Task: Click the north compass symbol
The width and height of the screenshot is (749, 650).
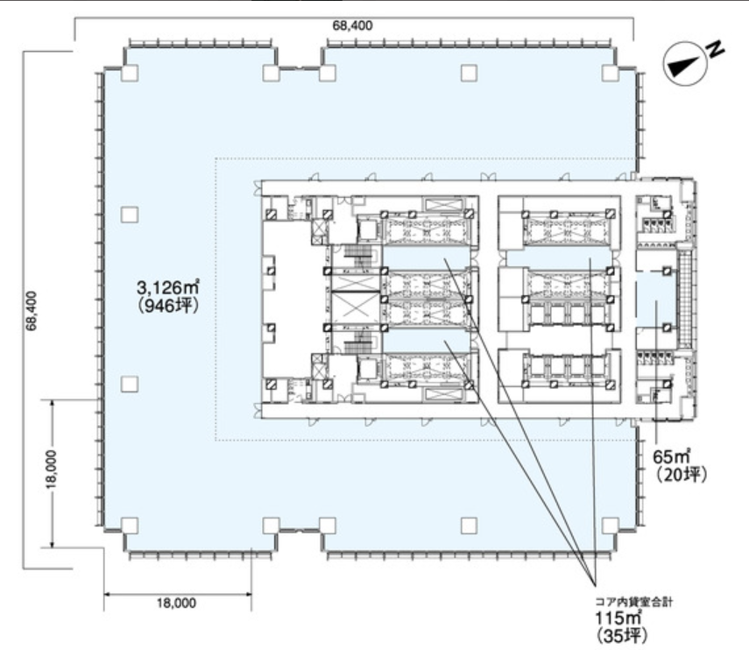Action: pos(685,63)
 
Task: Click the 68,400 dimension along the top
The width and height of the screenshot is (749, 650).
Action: pos(352,25)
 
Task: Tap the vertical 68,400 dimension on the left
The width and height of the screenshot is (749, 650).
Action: pos(32,310)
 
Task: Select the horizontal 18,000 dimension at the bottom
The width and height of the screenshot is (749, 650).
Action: pos(176,604)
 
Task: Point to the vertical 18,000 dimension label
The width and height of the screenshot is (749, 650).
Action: pos(51,469)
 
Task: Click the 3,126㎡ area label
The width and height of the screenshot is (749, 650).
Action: pos(167,287)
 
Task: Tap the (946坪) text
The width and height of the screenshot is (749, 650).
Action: pos(167,306)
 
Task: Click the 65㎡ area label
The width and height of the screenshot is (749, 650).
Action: pos(672,457)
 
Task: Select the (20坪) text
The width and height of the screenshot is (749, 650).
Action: pos(680,475)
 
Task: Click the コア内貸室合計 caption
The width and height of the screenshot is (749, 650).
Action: pos(634,602)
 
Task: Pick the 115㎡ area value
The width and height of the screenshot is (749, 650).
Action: pos(618,618)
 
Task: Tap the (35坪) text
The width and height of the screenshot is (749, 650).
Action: pos(622,635)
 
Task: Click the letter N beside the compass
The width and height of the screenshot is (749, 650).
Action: pos(715,48)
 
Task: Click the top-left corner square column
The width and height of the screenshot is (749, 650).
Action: pos(130,74)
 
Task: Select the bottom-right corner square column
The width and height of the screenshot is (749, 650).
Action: pos(611,526)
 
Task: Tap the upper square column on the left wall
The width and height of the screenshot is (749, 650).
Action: pos(130,215)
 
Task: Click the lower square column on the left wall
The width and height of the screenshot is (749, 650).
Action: pos(130,385)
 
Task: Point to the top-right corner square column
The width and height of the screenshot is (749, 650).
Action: pos(611,74)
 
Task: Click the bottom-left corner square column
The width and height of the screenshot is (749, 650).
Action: pos(130,526)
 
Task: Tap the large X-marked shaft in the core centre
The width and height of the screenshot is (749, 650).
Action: pos(356,308)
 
